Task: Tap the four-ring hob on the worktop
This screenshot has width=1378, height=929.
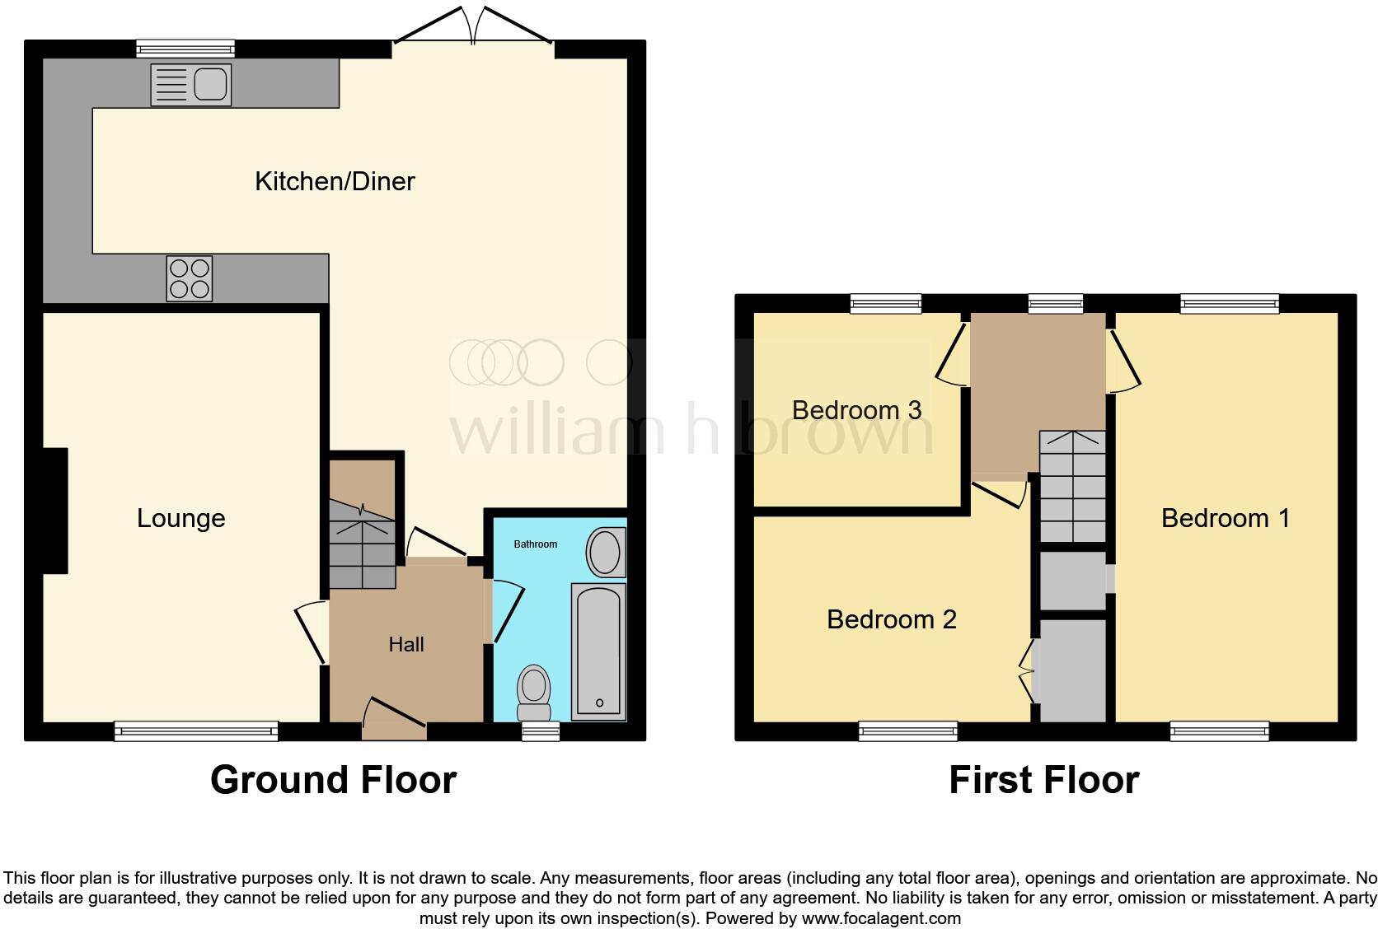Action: click(x=190, y=278)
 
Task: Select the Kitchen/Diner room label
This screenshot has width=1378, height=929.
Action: click(x=335, y=181)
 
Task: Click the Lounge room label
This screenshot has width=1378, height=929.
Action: click(x=180, y=518)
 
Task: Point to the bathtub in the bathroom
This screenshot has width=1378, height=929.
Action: click(x=598, y=651)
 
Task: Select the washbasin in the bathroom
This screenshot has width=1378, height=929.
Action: click(x=606, y=553)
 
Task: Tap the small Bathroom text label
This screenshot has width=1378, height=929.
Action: click(x=536, y=544)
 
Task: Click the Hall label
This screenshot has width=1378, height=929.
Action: click(x=406, y=644)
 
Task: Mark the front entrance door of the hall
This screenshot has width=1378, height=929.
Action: click(x=394, y=717)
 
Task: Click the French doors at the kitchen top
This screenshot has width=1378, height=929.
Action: click(x=473, y=26)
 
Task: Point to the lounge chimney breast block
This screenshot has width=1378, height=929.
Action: click(x=55, y=511)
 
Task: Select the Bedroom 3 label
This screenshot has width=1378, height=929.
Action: click(x=856, y=410)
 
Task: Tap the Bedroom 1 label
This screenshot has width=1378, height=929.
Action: click(x=1225, y=518)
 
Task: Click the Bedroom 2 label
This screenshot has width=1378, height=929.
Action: click(x=891, y=619)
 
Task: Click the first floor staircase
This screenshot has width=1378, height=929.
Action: click(x=1071, y=486)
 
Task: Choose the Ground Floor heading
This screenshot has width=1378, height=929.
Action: click(x=333, y=780)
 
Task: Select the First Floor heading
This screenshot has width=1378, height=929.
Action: click(x=1043, y=780)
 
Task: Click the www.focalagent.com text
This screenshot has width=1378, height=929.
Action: click(x=881, y=917)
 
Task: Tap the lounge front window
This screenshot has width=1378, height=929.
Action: click(x=196, y=730)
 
